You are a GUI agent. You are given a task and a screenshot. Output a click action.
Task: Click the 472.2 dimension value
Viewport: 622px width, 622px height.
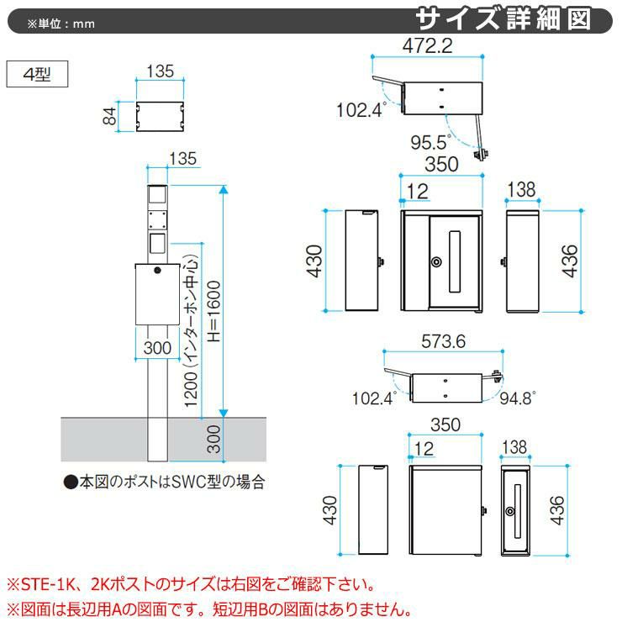427,46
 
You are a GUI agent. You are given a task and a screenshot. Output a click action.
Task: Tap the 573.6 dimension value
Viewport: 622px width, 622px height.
443,341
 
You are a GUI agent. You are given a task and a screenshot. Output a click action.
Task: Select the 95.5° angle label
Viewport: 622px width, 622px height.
431,142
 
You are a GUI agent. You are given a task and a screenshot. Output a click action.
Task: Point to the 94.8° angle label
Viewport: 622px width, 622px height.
518,398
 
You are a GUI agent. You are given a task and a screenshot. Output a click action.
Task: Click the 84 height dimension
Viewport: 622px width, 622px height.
109,116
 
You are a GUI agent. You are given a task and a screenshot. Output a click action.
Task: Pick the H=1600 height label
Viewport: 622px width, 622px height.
213,311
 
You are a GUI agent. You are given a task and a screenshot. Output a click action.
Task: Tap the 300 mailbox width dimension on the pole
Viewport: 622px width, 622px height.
157,348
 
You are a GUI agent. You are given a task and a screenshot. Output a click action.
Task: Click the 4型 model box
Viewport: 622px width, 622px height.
37,74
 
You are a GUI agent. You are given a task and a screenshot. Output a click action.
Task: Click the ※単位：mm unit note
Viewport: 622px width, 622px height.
61,24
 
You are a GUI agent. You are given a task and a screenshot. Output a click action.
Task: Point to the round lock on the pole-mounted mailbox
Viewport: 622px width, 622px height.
157,271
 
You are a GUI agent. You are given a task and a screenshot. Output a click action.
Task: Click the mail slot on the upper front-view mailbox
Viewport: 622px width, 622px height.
455,261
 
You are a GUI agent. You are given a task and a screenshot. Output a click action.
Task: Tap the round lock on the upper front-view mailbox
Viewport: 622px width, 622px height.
436,261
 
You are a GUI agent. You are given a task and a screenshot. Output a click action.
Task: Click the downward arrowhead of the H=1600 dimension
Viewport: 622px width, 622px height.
224,413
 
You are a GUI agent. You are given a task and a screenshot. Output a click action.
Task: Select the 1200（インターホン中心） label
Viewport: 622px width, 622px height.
192,330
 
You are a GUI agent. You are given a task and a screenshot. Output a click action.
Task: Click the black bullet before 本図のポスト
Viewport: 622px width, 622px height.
71,482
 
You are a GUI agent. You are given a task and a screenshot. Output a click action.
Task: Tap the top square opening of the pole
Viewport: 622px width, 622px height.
157,194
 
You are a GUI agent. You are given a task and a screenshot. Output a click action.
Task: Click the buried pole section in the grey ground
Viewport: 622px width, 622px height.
157,440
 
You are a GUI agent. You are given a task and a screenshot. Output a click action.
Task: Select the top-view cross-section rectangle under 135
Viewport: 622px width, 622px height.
160,116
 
